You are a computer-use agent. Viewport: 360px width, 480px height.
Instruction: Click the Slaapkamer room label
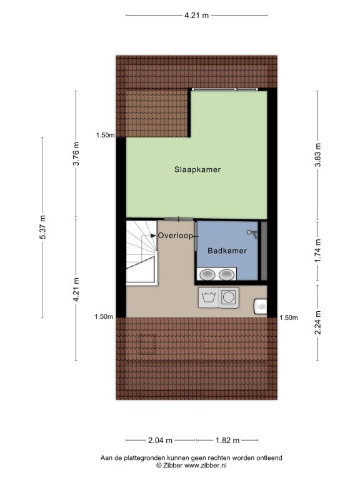197,169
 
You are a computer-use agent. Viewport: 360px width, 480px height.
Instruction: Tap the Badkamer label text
227,251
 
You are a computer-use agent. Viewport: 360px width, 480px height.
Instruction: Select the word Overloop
176,236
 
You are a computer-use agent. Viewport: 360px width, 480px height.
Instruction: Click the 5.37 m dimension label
42,227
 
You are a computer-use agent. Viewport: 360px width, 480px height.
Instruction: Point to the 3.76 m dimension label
76,154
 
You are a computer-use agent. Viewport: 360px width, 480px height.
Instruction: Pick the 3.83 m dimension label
317,155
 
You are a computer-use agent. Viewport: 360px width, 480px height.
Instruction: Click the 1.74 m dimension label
317,251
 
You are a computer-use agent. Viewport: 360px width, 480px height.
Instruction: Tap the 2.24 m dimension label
317,322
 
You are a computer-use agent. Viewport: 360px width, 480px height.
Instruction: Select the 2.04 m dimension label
160,441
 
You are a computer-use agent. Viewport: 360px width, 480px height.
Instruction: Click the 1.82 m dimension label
227,441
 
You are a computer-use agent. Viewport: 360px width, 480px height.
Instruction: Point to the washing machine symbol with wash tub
209,297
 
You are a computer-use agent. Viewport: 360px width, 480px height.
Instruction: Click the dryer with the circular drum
228,297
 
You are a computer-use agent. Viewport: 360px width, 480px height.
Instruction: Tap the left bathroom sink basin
207,274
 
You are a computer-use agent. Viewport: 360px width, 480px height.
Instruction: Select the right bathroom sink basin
226,274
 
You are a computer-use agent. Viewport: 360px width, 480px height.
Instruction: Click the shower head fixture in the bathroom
252,234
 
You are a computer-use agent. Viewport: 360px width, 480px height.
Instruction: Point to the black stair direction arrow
153,236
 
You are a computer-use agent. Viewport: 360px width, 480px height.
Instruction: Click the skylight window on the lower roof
148,344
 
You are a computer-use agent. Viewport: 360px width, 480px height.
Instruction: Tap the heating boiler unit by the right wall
261,306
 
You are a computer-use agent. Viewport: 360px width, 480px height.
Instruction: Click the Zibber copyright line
191,465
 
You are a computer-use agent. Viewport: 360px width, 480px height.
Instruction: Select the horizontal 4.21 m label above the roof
196,15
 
